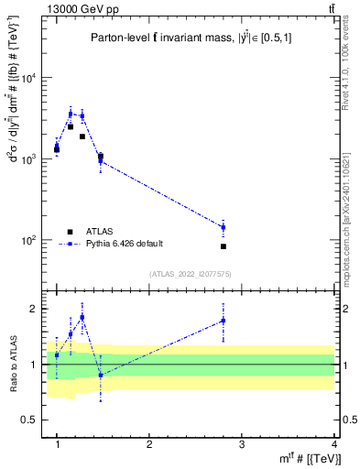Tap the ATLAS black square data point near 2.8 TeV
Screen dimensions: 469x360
[224, 246]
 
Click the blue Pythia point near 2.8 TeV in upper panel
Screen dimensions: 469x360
[224, 227]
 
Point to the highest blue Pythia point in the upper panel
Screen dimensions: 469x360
[71, 114]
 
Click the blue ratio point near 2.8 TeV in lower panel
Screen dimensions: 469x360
[224, 321]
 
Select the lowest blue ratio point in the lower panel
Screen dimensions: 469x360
[101, 375]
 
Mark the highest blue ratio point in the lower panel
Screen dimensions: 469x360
[82, 317]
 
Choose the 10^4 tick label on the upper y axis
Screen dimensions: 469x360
[32, 78]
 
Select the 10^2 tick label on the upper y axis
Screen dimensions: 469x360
[32, 240]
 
